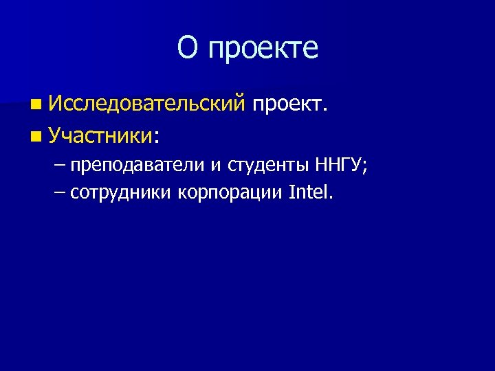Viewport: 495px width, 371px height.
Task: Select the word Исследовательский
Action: pyautogui.click(x=147, y=104)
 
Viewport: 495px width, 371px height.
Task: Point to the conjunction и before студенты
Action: pyautogui.click(x=216, y=167)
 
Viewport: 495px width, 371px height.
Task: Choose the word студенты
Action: pyautogui.click(x=269, y=166)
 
